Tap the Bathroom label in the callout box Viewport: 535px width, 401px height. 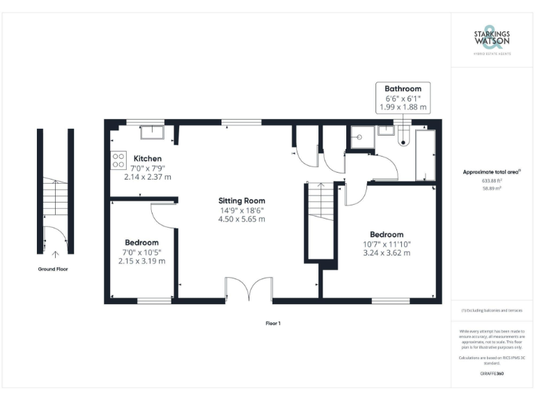(403, 89)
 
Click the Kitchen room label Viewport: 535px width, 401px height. (147, 159)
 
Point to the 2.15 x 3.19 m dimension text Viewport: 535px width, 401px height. (141, 261)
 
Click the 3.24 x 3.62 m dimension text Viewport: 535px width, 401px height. (386, 253)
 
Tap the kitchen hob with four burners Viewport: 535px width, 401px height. (118, 160)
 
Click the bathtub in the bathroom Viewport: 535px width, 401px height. (424, 155)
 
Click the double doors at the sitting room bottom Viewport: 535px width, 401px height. (248, 290)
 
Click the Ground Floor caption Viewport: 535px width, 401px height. (53, 268)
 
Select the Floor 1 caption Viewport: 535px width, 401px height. (272, 323)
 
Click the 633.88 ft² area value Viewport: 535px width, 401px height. (492, 180)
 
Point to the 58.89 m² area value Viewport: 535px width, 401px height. (492, 188)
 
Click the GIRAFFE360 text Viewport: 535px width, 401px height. (492, 374)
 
